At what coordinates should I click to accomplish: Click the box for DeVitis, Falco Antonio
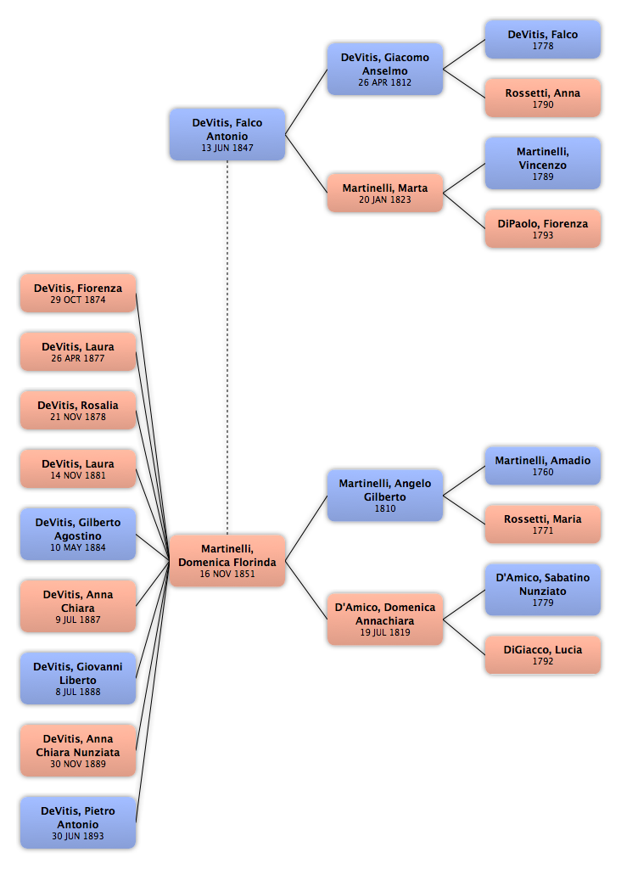pyautogui.click(x=227, y=135)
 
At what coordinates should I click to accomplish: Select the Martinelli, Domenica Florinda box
pyautogui.click(x=227, y=560)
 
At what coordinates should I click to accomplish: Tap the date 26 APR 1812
pyautogui.click(x=385, y=82)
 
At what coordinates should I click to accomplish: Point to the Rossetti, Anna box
pyautogui.click(x=543, y=98)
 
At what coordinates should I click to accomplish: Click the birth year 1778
pyautogui.click(x=543, y=46)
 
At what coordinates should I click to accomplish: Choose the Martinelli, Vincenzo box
pyautogui.click(x=543, y=164)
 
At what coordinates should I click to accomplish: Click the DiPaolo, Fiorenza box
pyautogui.click(x=543, y=228)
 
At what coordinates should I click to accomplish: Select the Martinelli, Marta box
pyautogui.click(x=385, y=193)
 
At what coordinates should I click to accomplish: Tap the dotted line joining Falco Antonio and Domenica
pyautogui.click(x=227, y=347)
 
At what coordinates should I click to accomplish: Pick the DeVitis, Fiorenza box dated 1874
pyautogui.click(x=78, y=293)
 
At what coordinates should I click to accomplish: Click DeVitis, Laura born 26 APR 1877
pyautogui.click(x=78, y=351)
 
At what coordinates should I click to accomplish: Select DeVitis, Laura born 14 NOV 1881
pyautogui.click(x=78, y=468)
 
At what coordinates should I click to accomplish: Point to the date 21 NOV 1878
pyautogui.click(x=78, y=417)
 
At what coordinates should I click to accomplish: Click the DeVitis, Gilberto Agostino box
pyautogui.click(x=78, y=534)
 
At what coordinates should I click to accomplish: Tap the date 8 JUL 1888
pyautogui.click(x=78, y=692)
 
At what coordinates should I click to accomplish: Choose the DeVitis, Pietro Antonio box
pyautogui.click(x=78, y=822)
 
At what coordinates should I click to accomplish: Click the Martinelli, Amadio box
pyautogui.click(x=543, y=466)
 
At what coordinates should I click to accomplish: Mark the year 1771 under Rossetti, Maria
pyautogui.click(x=543, y=530)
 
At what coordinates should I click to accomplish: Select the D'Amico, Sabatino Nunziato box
pyautogui.click(x=543, y=590)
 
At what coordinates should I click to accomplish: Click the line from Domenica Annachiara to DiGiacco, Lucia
pyautogui.click(x=464, y=636)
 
